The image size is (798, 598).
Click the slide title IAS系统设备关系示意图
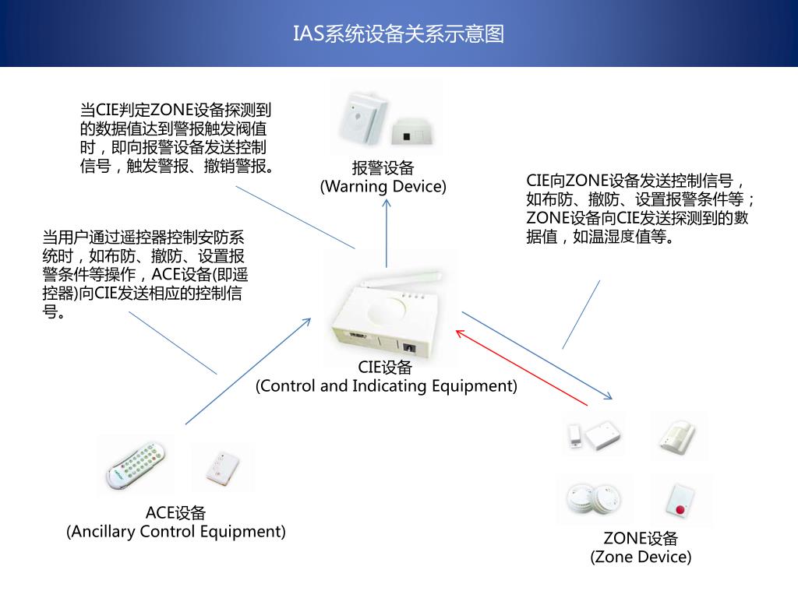[x=398, y=33]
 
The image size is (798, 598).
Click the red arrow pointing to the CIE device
[x=521, y=367]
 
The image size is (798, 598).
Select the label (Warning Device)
[x=383, y=187]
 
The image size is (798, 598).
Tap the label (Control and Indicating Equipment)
[x=386, y=386]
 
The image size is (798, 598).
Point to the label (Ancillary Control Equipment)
[x=176, y=532]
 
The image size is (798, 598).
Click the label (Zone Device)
[x=641, y=557]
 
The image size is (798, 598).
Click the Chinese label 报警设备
[x=383, y=168]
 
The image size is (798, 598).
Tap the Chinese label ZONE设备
[x=641, y=538]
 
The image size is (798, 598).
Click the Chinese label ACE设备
[x=176, y=513]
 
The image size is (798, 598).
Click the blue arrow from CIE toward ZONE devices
[x=538, y=355]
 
